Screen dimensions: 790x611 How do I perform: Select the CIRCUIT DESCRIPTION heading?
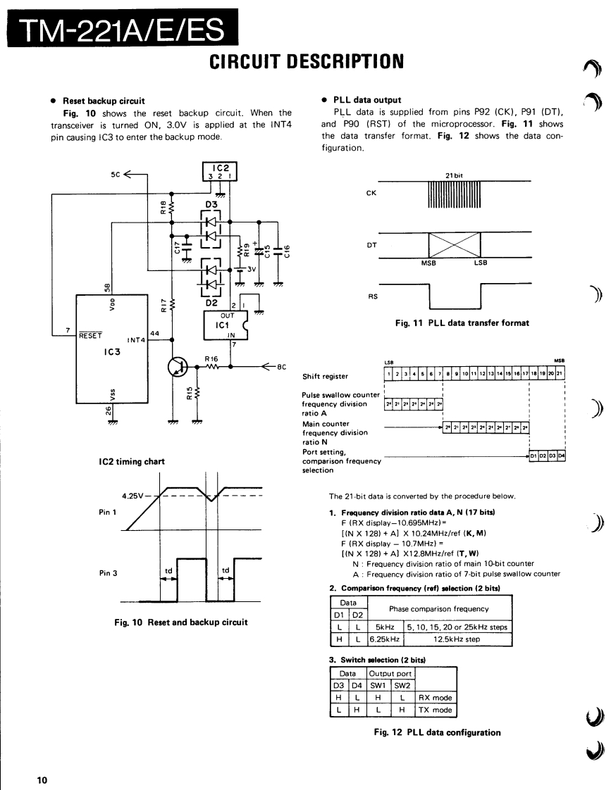(x=307, y=62)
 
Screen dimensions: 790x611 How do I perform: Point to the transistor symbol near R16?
(x=177, y=366)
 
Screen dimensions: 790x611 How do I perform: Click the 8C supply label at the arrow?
(x=280, y=366)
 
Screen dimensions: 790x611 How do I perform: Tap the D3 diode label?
(x=211, y=204)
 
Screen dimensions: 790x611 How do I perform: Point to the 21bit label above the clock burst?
(x=454, y=176)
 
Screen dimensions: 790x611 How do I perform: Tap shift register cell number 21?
(x=561, y=373)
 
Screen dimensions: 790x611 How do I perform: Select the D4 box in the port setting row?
(x=562, y=456)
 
